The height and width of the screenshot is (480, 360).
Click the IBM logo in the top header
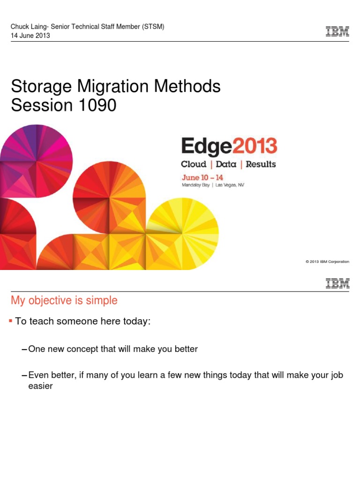(337, 31)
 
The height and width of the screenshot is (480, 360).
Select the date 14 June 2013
(30, 36)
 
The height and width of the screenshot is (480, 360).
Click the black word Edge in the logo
(207, 147)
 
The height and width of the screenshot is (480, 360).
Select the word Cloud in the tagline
(194, 164)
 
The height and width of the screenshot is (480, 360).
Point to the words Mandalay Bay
(195, 185)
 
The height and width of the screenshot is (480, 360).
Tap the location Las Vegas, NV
(230, 185)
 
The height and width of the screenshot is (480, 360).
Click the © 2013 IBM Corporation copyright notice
(327, 262)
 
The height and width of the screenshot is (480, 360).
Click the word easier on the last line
(40, 386)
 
